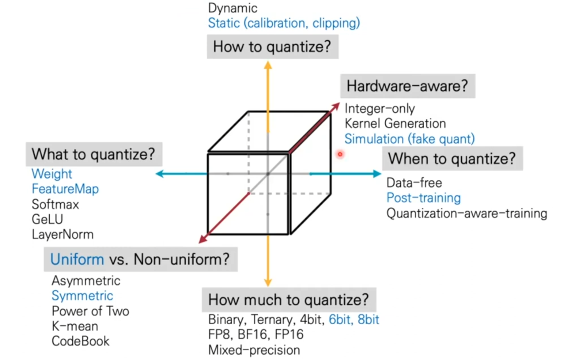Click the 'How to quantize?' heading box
[272, 47]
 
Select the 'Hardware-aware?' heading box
[407, 86]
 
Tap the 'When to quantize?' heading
[452, 159]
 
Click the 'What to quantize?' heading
[94, 154]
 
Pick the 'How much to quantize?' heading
[289, 300]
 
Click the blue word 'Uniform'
[77, 259]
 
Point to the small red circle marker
[340, 154]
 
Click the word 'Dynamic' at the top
[233, 8]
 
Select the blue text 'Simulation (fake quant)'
[409, 139]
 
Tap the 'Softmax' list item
[55, 205]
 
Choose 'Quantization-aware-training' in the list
[467, 214]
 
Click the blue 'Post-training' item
[423, 198]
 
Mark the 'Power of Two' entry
[90, 311]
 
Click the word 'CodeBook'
[80, 341]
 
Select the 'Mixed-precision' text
[254, 350]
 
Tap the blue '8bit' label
[368, 320]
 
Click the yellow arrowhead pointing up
[268, 65]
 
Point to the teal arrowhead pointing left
[160, 174]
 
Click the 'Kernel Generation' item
[395, 124]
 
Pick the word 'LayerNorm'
[63, 235]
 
